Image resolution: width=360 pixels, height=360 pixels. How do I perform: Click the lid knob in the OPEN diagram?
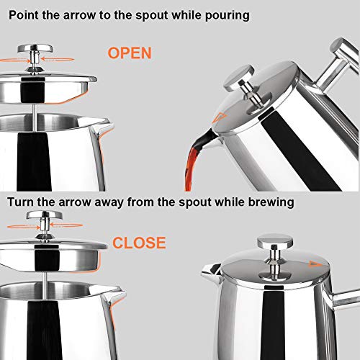click(x=35, y=50)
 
